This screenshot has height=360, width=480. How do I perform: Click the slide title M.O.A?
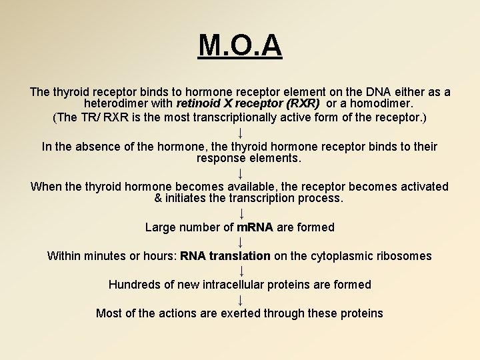(240, 45)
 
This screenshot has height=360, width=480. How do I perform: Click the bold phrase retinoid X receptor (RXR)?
(248, 104)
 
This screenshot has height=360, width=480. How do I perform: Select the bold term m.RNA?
(255, 227)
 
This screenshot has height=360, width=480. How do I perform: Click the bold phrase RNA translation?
(225, 256)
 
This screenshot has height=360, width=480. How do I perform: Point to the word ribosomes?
(401, 256)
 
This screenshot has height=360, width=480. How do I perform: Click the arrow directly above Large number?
(241, 213)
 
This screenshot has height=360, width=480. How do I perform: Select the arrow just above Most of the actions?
(241, 299)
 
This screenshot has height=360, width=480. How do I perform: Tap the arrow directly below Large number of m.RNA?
(241, 242)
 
